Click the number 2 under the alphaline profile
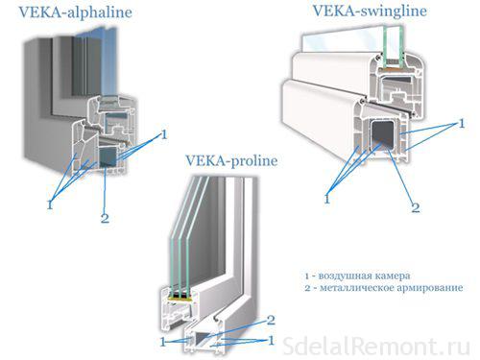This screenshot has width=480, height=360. [105, 218]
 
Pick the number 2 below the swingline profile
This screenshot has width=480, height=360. [416, 205]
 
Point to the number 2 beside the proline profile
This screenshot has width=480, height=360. [272, 320]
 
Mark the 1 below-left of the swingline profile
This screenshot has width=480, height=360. [327, 198]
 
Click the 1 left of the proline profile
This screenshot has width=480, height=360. [164, 340]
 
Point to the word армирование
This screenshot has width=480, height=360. [430, 288]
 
